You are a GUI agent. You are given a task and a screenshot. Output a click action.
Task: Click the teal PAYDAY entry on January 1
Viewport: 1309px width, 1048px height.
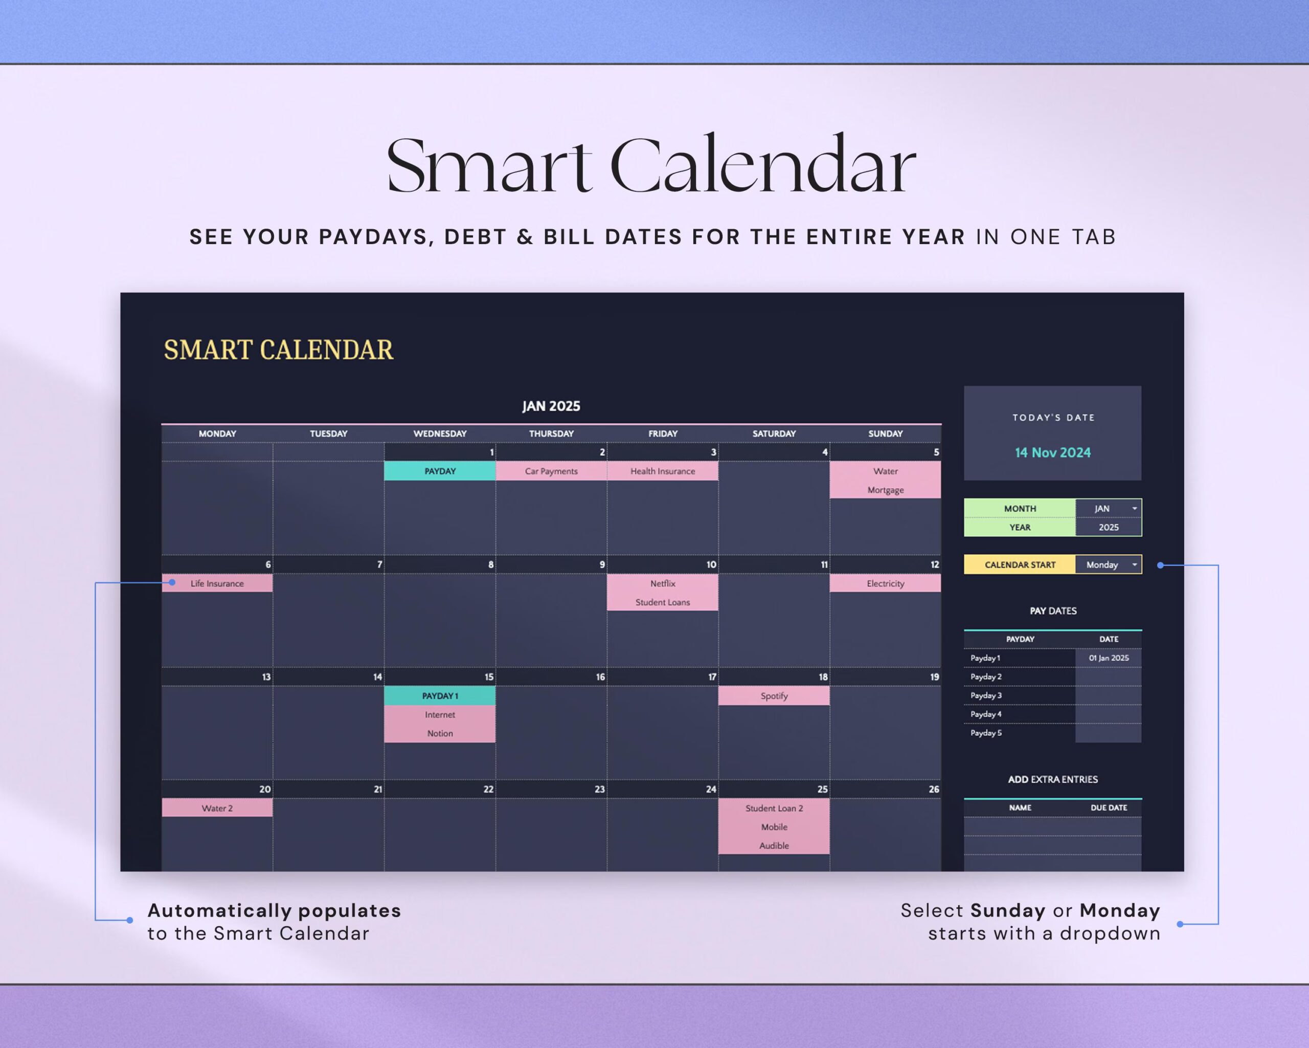(x=440, y=471)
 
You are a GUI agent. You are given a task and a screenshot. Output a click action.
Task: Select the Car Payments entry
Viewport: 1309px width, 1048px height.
(x=551, y=471)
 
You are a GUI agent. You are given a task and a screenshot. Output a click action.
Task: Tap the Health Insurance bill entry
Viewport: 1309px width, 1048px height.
(x=662, y=471)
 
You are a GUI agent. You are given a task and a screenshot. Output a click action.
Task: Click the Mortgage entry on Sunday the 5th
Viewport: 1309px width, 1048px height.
(x=885, y=490)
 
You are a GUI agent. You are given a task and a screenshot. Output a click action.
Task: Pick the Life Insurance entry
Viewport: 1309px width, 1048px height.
(x=217, y=583)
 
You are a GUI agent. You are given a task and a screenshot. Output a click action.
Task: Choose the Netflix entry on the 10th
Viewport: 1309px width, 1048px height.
(x=662, y=583)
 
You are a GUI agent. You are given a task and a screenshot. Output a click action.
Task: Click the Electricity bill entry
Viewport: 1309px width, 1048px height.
(x=885, y=583)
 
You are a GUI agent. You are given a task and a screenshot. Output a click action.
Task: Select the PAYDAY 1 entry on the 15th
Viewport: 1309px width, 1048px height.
(x=440, y=695)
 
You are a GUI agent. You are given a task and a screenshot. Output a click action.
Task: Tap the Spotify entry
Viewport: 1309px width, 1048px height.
(x=774, y=695)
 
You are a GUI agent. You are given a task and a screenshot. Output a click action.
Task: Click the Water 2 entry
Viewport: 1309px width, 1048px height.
(x=217, y=808)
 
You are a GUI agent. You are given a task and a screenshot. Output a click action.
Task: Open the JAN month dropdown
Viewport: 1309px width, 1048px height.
(x=1134, y=509)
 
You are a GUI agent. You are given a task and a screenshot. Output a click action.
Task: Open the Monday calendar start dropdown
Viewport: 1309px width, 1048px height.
(x=1134, y=564)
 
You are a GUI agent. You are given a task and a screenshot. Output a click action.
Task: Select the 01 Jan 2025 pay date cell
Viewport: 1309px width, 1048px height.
(x=1108, y=658)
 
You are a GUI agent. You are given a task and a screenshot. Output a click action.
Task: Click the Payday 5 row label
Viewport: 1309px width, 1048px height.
(x=986, y=733)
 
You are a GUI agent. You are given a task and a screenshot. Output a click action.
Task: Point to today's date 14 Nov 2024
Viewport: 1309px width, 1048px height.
(x=1052, y=452)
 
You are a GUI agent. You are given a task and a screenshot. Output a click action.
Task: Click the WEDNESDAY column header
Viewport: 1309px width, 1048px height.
(x=440, y=433)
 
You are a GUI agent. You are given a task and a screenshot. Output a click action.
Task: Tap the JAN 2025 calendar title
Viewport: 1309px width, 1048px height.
(x=551, y=406)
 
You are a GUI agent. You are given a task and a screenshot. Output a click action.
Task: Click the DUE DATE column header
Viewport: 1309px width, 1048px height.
(x=1108, y=807)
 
